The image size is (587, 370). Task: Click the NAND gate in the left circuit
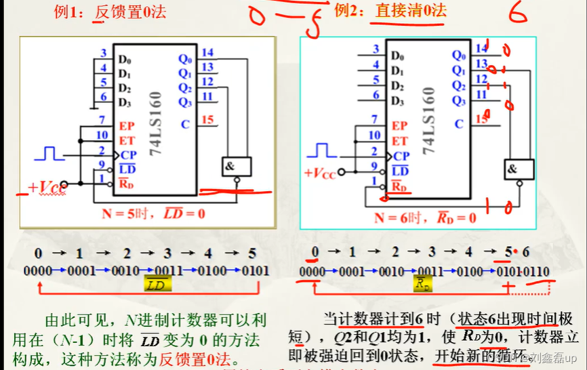point(235,166)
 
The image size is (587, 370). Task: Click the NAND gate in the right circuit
point(519,169)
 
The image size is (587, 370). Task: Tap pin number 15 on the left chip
point(207,120)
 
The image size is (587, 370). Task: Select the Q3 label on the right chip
point(459,101)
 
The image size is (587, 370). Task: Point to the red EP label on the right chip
point(399,126)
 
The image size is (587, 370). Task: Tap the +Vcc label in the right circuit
point(321,172)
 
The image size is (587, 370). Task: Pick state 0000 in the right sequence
point(312,272)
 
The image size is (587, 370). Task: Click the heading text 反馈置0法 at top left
point(131,12)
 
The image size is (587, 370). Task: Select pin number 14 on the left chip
point(207,52)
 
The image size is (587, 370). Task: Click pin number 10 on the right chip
point(375,135)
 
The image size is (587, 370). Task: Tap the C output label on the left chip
point(185,124)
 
